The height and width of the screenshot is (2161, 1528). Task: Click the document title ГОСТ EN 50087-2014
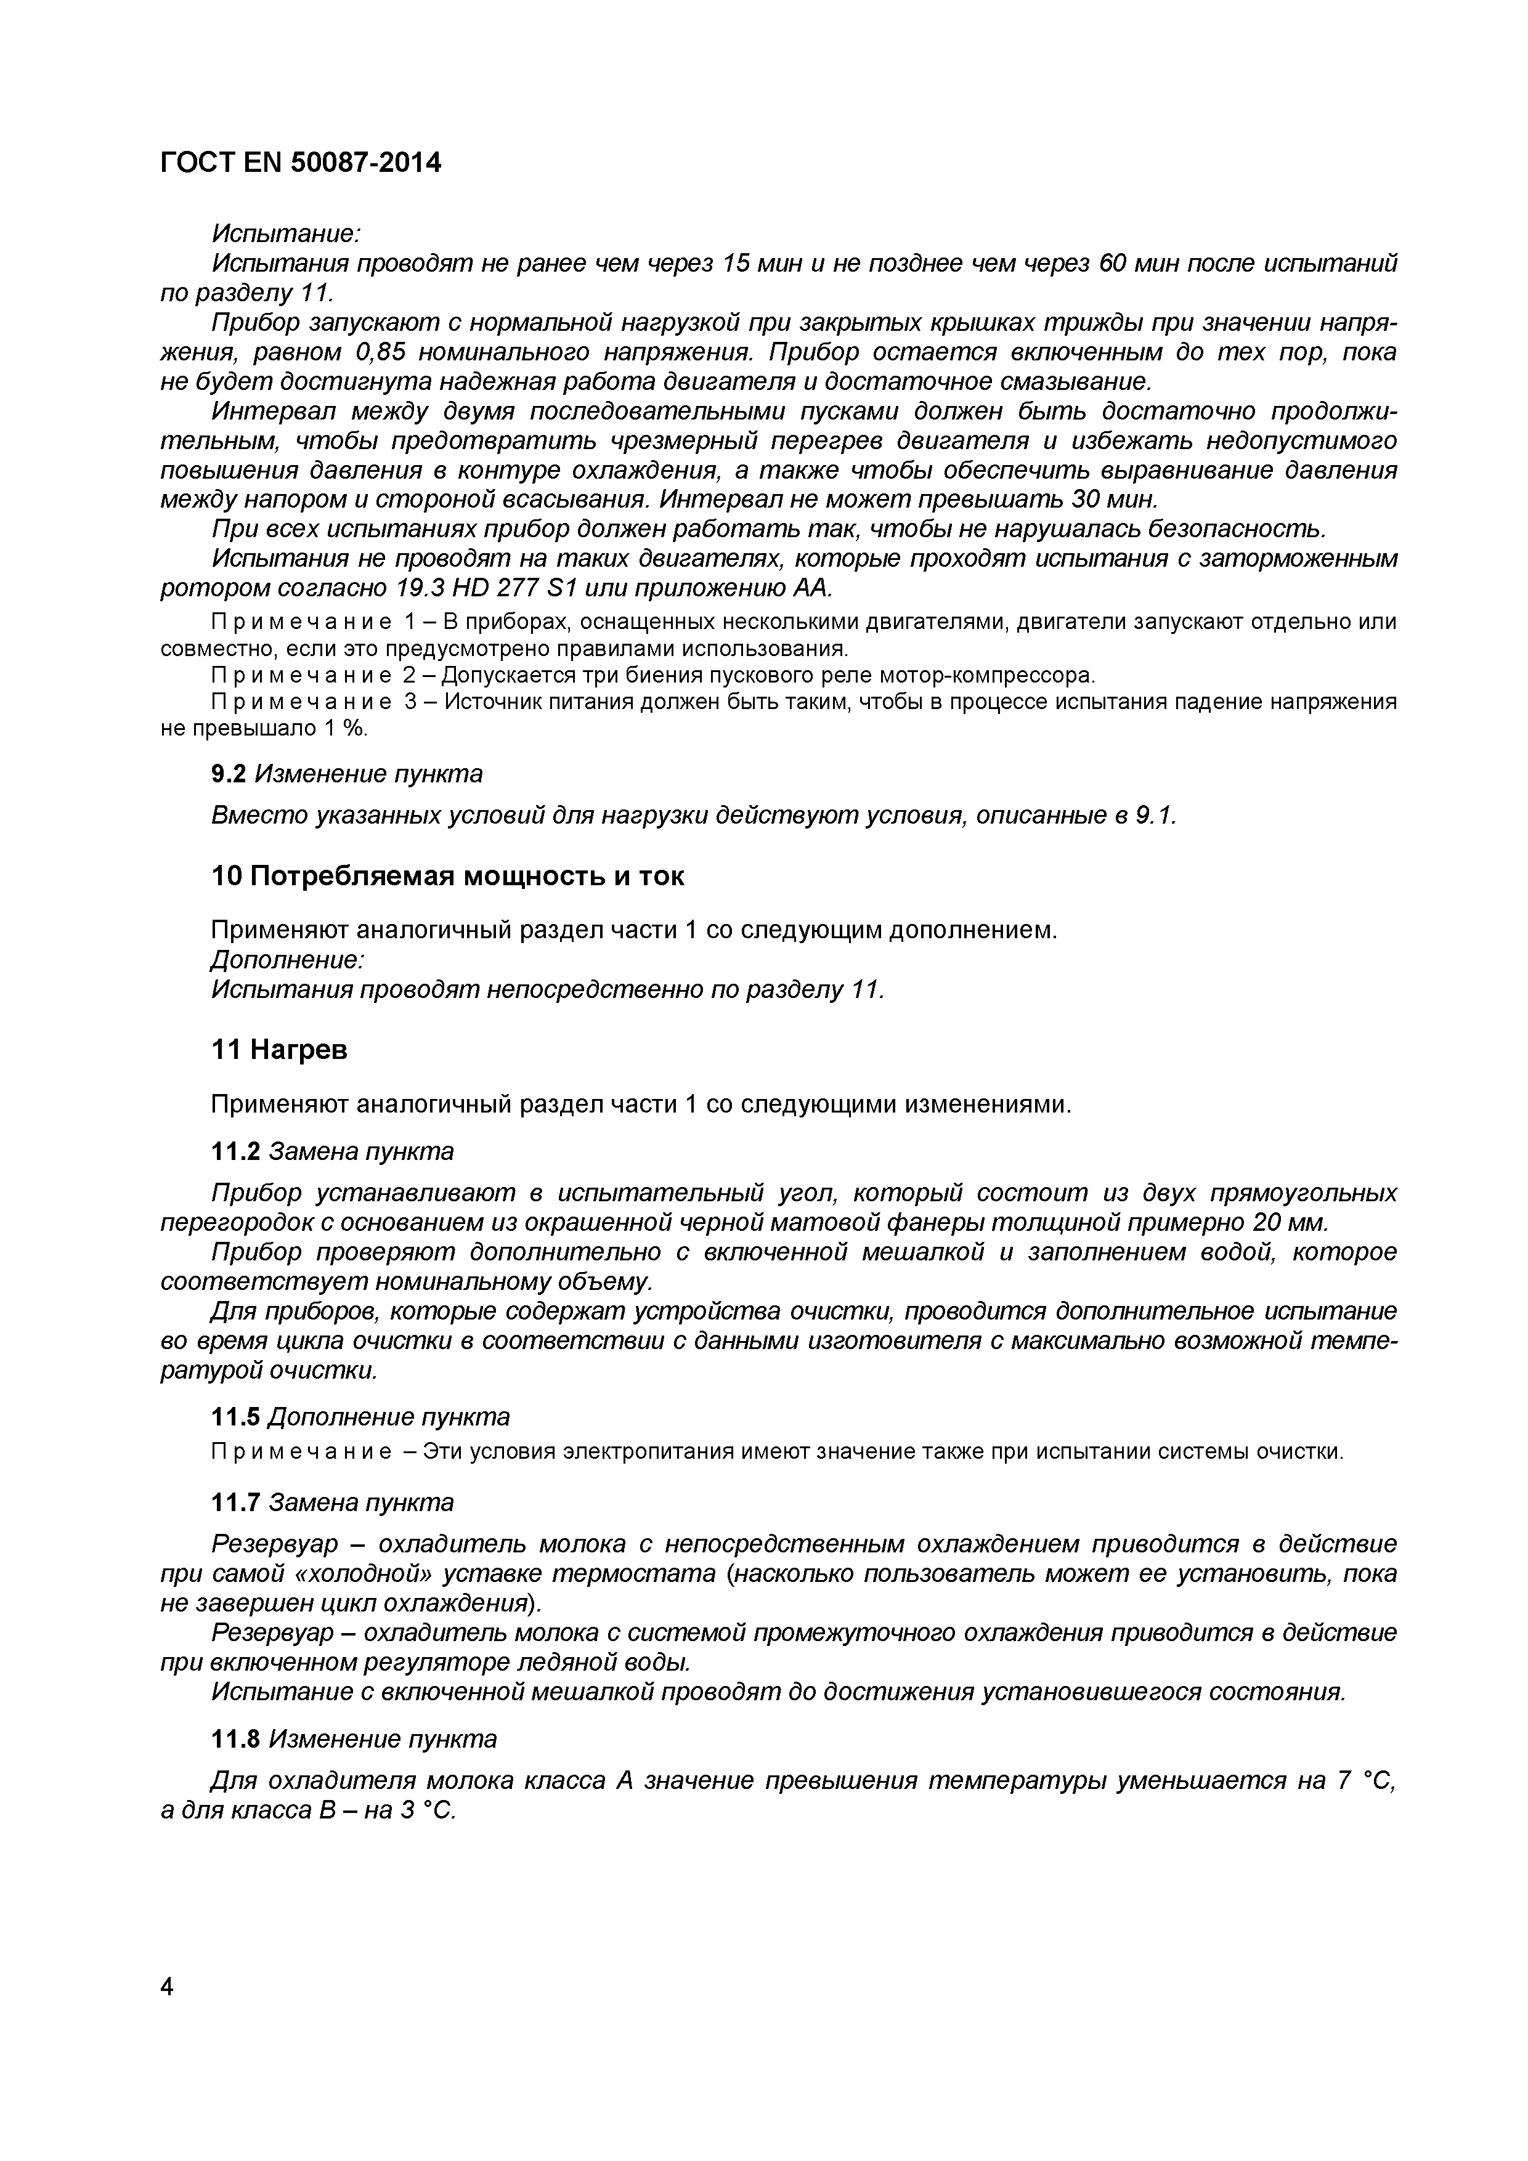click(x=300, y=163)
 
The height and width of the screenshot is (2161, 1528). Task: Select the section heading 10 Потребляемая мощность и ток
click(x=447, y=876)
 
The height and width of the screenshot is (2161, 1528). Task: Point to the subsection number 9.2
click(x=228, y=774)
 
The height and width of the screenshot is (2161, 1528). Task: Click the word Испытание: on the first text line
click(x=286, y=232)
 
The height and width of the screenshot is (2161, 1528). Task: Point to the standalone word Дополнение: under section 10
click(x=286, y=960)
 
